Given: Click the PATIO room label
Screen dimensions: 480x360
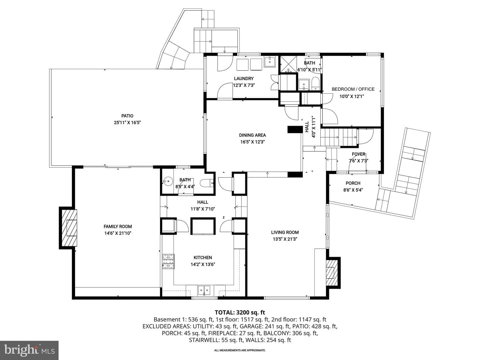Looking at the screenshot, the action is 127,116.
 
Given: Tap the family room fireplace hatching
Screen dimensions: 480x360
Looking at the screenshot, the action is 69,228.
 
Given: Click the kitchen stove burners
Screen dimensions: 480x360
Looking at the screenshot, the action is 168,261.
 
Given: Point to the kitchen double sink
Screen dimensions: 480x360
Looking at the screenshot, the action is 204,290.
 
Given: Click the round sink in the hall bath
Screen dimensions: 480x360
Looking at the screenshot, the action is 168,181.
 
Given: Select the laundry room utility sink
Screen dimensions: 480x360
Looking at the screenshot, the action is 270,62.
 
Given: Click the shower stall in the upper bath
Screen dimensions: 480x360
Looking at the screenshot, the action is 289,64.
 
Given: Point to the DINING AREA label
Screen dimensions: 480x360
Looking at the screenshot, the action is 252,135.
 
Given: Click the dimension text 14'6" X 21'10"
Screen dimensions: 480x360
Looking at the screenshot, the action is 118,233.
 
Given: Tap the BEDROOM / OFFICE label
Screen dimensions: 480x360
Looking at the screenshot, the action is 353,89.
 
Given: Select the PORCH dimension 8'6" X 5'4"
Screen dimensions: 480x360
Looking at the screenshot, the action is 353,190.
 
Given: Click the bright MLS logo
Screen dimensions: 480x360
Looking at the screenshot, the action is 29,350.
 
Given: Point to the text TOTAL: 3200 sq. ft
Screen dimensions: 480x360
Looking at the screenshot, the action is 240,312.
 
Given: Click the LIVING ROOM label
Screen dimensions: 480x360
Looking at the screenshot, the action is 285,232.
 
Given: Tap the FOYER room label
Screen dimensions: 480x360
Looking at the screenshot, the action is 358,154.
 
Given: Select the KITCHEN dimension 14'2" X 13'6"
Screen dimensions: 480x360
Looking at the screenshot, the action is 203,264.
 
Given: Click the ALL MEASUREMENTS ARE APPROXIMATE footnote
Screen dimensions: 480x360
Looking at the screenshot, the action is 240,350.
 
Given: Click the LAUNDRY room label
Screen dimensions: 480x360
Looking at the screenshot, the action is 244,78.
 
